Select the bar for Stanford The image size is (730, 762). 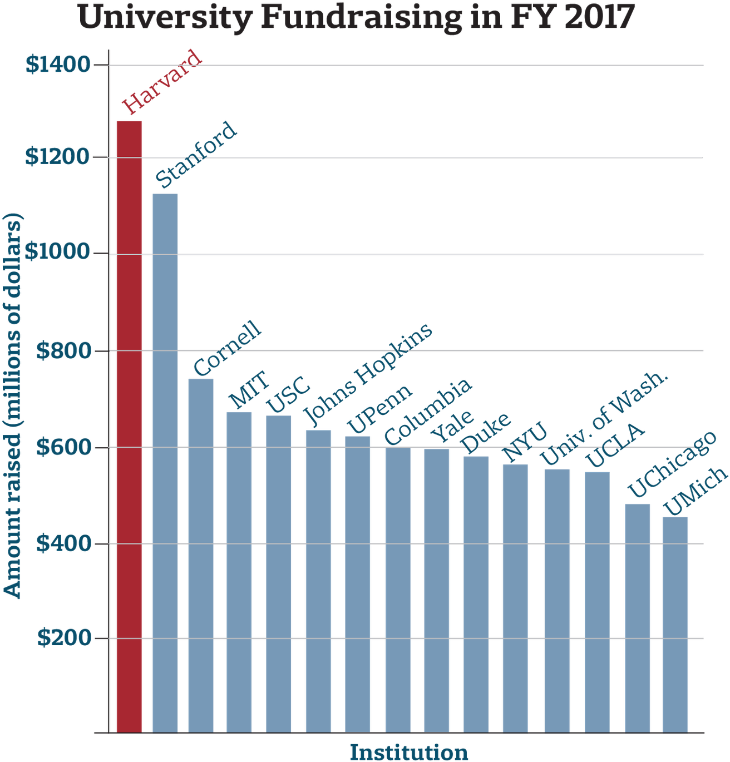pos(165,462)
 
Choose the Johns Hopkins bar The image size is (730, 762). pos(318,581)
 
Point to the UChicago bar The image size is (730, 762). pos(637,617)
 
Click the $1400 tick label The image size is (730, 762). pos(58,65)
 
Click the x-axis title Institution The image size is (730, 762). pos(408,752)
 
